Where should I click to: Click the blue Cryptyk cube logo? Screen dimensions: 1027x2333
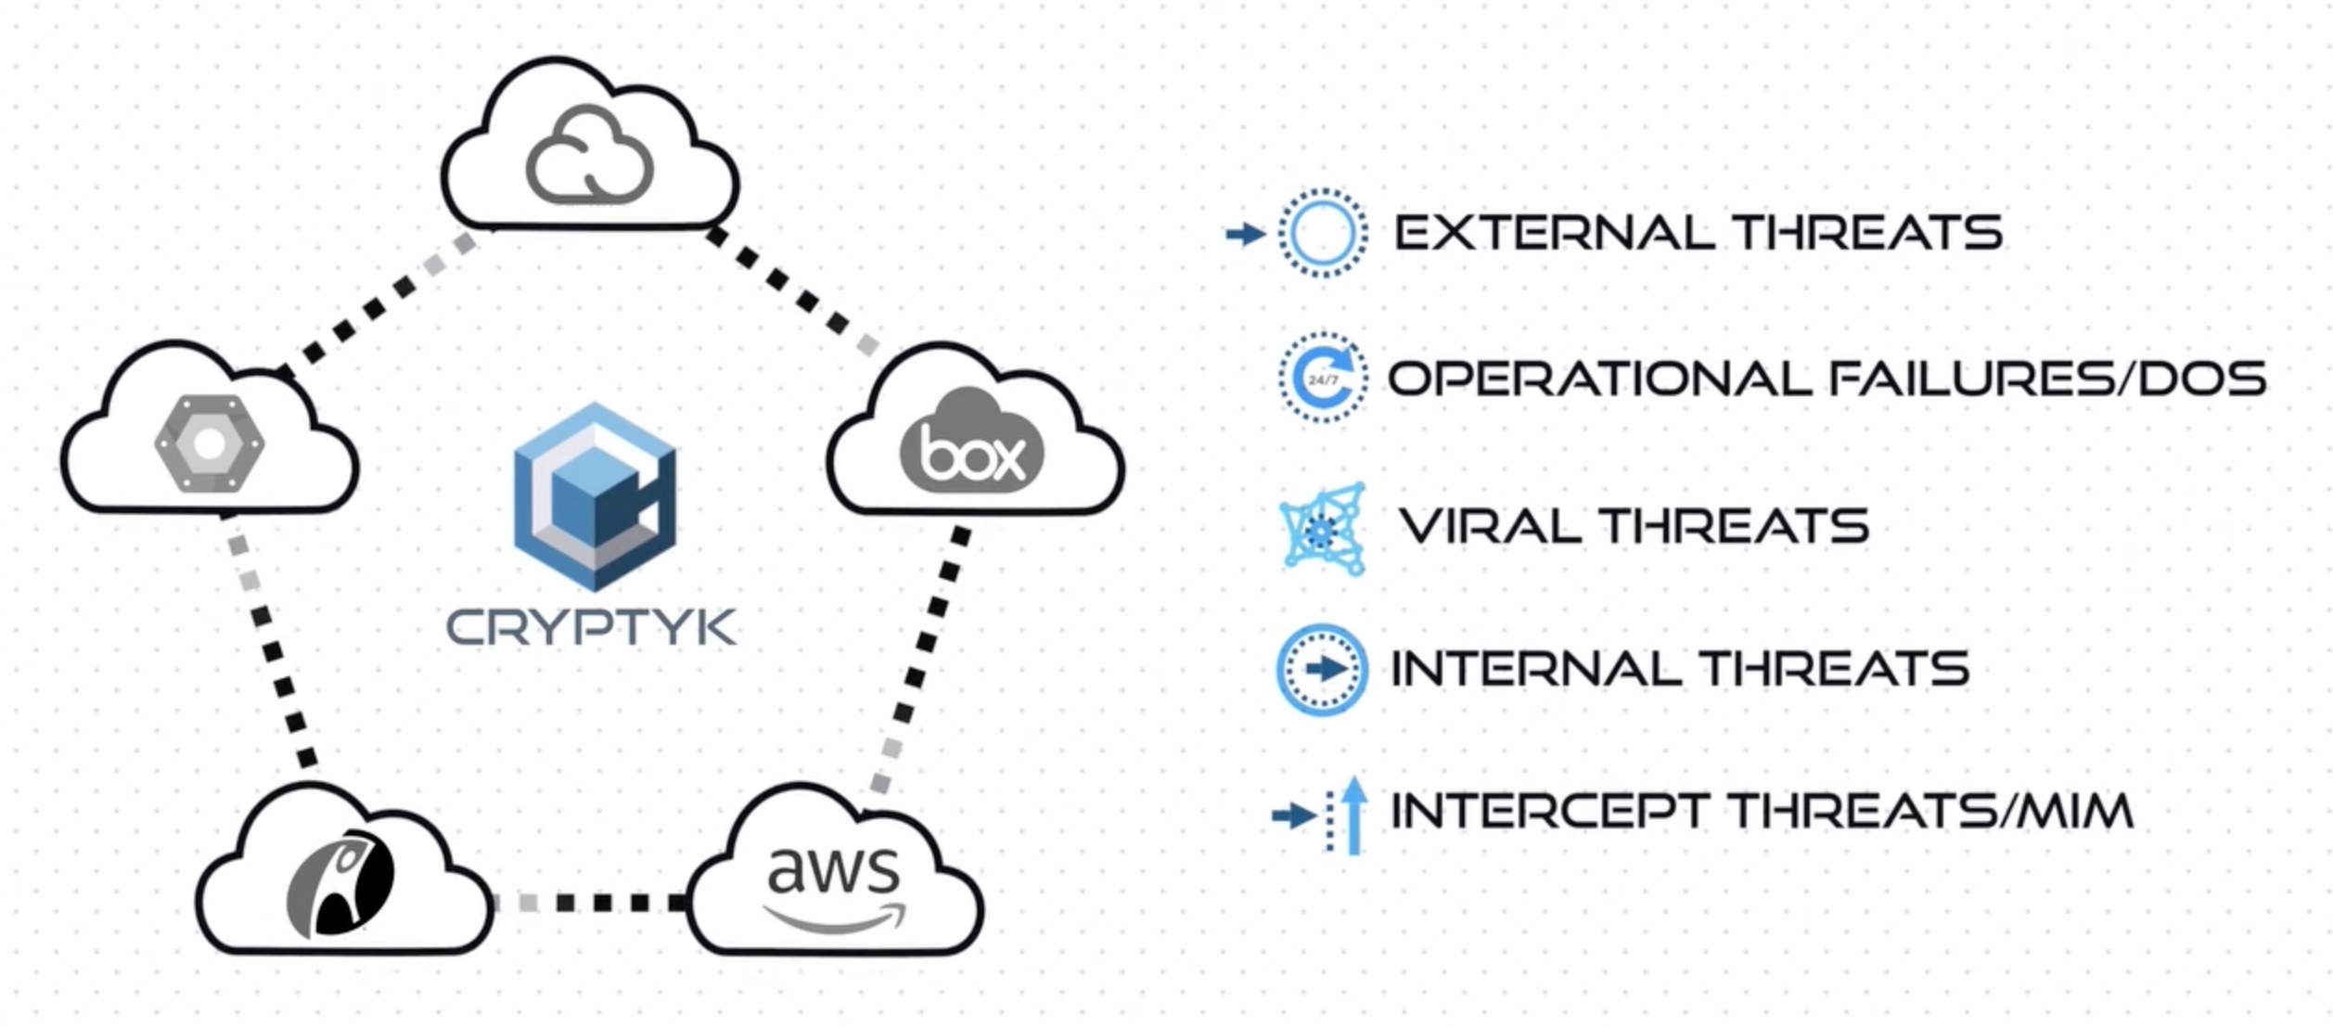click(595, 497)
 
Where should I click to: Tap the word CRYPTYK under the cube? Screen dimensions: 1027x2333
click(591, 628)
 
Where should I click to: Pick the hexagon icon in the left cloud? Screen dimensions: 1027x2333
click(210, 444)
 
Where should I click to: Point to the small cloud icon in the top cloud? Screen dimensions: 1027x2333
click(589, 155)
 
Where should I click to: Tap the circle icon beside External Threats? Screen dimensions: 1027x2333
click(1322, 233)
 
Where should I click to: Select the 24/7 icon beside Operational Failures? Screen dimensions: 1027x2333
click(1322, 379)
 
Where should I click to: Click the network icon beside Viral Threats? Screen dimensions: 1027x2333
click(1322, 528)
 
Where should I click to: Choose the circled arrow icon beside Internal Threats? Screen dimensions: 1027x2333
click(1322, 669)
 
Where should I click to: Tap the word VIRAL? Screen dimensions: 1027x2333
click(1492, 526)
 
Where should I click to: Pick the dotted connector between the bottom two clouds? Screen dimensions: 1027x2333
click(590, 903)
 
